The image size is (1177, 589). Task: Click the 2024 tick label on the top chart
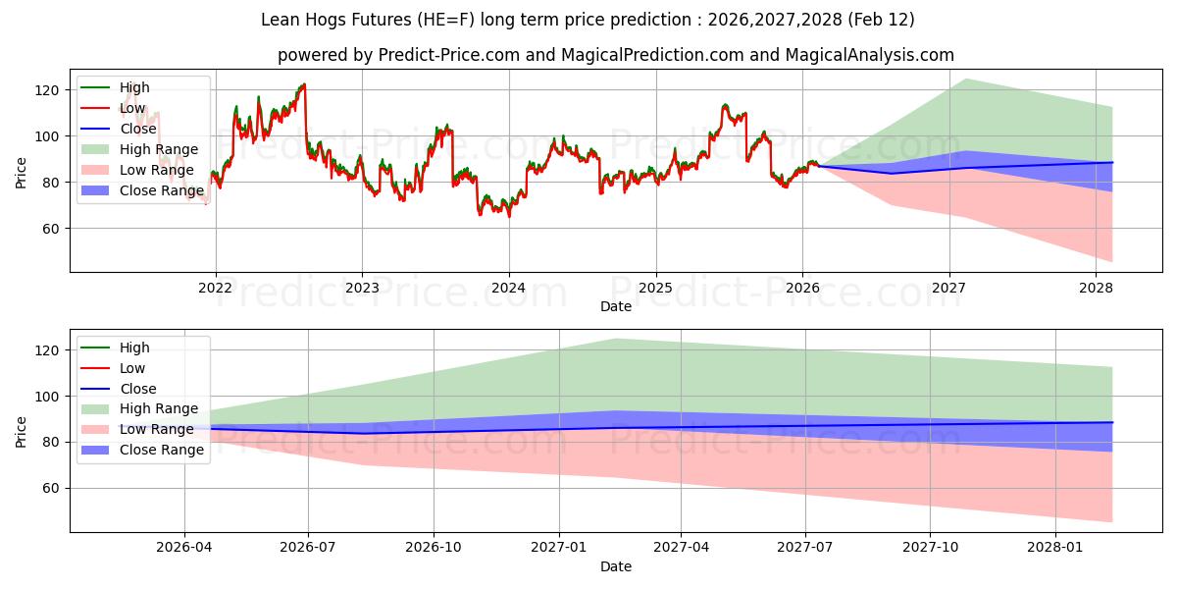pos(508,288)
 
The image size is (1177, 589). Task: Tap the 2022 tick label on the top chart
pos(215,288)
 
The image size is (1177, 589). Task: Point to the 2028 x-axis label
pos(1096,288)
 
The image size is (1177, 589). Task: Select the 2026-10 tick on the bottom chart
pos(434,548)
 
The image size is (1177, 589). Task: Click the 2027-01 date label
pos(558,548)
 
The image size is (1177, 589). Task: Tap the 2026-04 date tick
pos(184,548)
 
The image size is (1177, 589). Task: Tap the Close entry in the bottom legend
pos(136,389)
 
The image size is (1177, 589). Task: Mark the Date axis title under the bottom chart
pos(615,566)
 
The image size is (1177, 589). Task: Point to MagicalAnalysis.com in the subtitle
pos(871,55)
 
